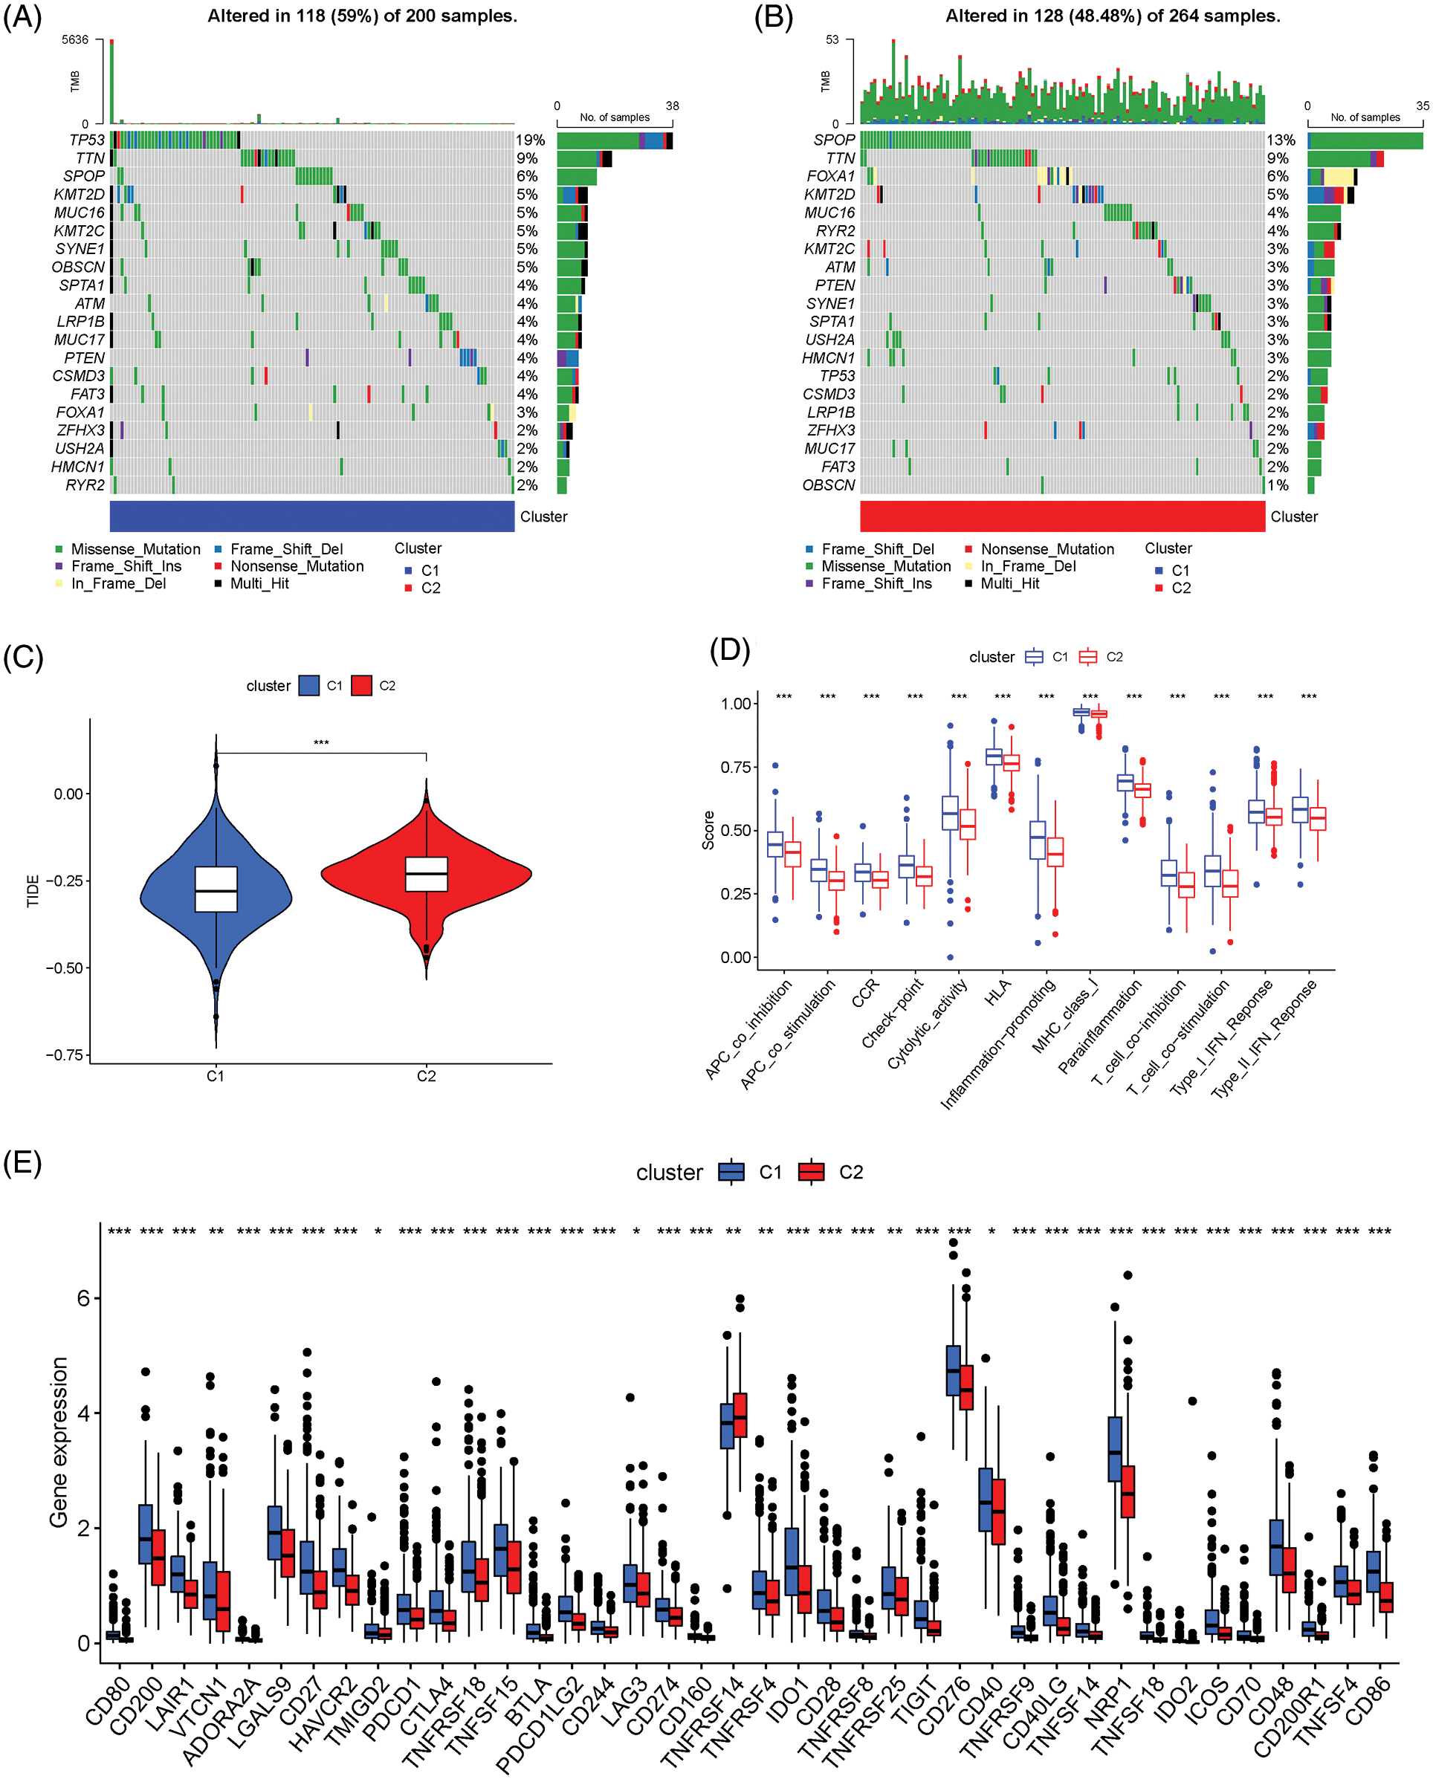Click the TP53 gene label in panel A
tap(87, 140)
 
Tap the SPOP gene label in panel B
tap(835, 140)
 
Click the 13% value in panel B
tap(1281, 140)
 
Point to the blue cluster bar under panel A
tap(312, 516)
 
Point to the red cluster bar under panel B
tap(1062, 516)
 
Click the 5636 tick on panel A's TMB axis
tap(75, 39)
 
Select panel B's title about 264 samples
tap(1113, 16)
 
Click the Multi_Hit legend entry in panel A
tap(259, 583)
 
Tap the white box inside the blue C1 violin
tap(216, 889)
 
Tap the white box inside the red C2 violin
tap(427, 874)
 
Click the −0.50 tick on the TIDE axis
tap(65, 968)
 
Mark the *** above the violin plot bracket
tap(321, 743)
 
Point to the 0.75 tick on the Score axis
tap(736, 768)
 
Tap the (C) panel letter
tap(23, 657)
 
